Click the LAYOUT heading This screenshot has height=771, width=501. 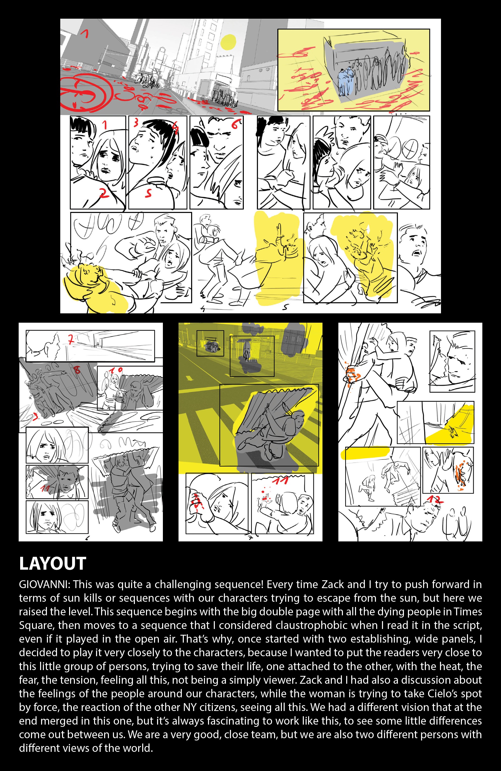(x=52, y=564)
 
